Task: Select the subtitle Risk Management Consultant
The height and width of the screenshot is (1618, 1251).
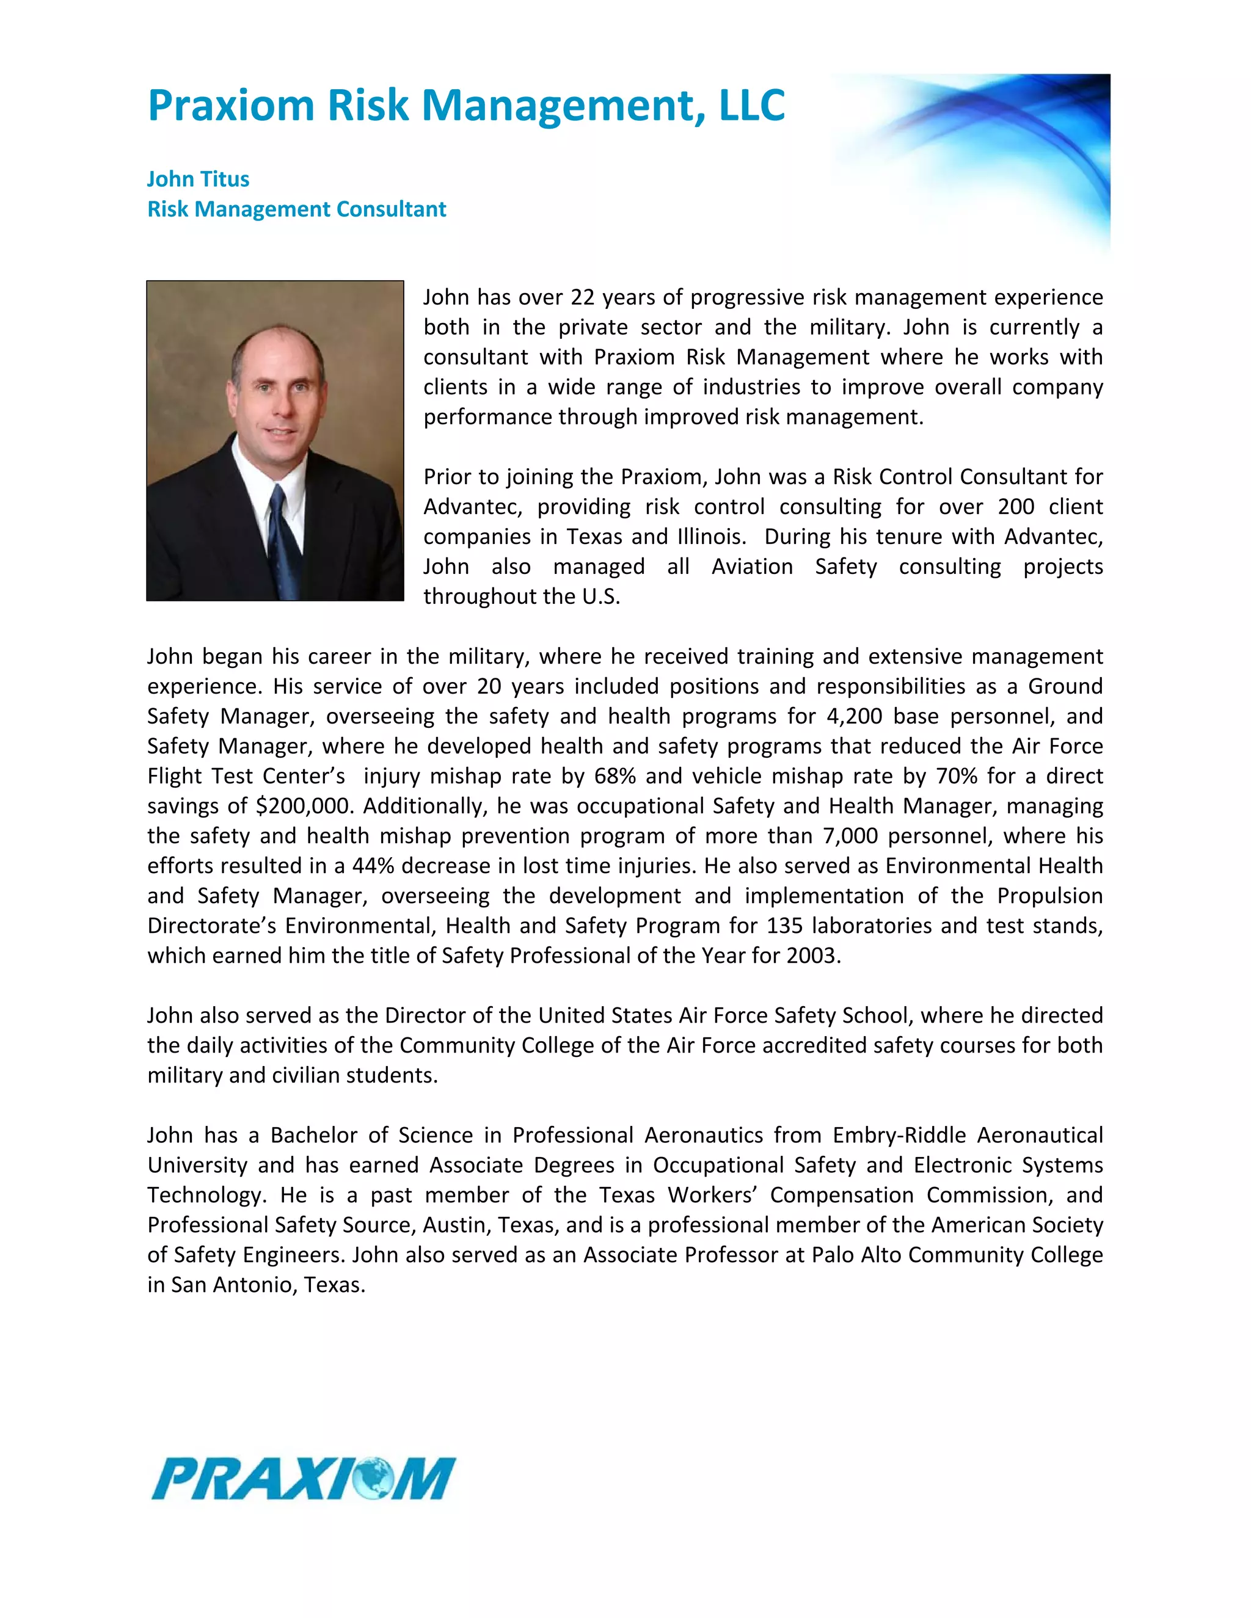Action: click(296, 209)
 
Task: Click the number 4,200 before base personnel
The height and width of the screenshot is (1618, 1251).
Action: click(855, 716)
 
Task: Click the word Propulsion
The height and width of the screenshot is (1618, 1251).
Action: click(1049, 895)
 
